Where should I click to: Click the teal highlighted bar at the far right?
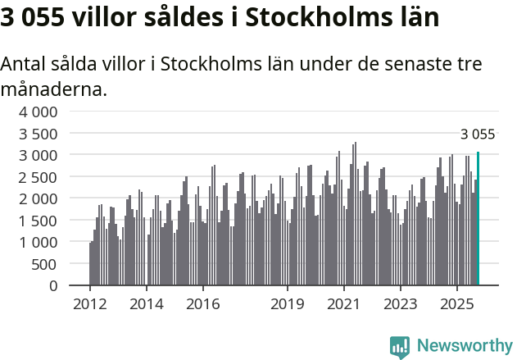coord(478,219)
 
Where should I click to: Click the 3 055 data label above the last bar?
coord(478,134)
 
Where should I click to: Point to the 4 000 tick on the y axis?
coord(39,112)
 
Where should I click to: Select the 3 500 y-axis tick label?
coord(39,134)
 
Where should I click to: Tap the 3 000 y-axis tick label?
coord(39,155)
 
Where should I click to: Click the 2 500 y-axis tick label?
coord(39,177)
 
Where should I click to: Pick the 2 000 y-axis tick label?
coord(39,198)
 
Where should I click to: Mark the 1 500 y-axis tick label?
coord(39,221)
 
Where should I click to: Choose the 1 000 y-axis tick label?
coord(39,242)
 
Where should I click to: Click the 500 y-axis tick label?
coord(45,264)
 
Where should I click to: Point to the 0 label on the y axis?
coord(53,285)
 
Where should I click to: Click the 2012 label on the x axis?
coord(89,304)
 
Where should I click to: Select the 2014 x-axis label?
coord(146,304)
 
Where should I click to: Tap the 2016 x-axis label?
coord(202,304)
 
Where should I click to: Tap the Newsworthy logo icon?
coord(400,347)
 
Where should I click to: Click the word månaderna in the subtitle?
coord(54,89)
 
